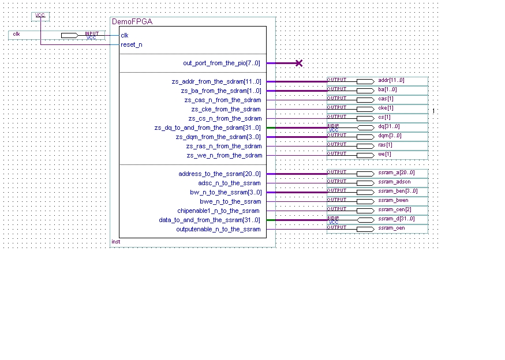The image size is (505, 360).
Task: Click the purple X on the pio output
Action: click(x=298, y=63)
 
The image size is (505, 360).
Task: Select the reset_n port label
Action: click(x=132, y=44)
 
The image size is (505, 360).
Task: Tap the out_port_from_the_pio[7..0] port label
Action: click(x=222, y=63)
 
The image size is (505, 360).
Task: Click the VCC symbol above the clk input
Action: click(x=40, y=16)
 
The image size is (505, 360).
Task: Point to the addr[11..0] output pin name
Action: click(x=391, y=80)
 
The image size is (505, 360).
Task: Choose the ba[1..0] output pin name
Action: click(x=387, y=89)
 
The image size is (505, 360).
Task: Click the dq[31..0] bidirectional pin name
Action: click(x=389, y=126)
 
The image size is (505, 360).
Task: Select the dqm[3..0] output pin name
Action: click(x=390, y=136)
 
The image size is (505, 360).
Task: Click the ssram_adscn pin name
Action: click(x=394, y=182)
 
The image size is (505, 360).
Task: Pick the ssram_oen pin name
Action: click(x=391, y=228)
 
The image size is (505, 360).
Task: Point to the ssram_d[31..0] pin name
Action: click(x=396, y=219)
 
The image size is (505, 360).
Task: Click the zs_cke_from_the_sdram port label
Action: click(x=226, y=109)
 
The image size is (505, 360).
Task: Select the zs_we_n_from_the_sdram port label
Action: click(x=223, y=155)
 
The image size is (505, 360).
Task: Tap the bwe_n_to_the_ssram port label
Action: click(x=230, y=201)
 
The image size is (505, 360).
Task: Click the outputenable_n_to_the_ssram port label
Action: click(x=218, y=229)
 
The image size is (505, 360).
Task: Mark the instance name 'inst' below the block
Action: click(x=115, y=242)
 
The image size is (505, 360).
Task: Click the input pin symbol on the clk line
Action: click(x=69, y=35)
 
